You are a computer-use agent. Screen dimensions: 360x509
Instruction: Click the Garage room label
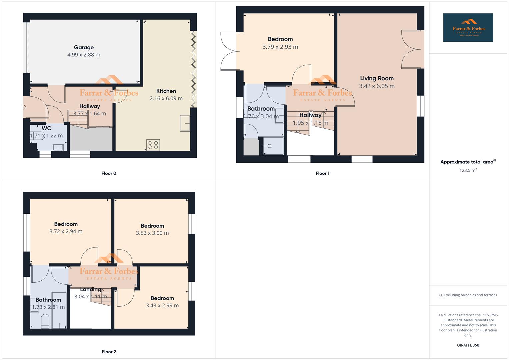coord(84,47)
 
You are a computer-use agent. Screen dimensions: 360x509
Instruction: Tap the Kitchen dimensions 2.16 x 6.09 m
coord(166,98)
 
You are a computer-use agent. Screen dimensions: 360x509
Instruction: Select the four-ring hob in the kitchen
coord(153,145)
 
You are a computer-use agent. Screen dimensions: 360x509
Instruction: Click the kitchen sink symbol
coord(185,123)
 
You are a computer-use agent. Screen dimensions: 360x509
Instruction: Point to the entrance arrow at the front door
coord(24,107)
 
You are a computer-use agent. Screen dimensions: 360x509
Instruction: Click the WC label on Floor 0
coord(46,128)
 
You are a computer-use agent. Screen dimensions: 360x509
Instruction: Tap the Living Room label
coord(377,78)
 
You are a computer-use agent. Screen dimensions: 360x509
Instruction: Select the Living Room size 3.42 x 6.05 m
coord(377,86)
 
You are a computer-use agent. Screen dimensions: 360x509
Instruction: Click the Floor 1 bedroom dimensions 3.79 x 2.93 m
coord(280,47)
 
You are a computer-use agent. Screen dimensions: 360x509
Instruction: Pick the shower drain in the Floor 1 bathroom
coord(269,146)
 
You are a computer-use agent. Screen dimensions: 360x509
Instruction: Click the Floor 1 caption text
coord(322,173)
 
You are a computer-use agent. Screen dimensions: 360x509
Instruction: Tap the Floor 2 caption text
coord(109,352)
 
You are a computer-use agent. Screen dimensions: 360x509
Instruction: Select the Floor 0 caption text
coord(109,173)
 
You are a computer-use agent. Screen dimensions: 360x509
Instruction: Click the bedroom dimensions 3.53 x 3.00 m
coord(152,233)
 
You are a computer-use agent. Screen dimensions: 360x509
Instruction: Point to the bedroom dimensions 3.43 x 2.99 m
coord(162,305)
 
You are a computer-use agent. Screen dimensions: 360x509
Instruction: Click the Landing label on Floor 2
coord(90,289)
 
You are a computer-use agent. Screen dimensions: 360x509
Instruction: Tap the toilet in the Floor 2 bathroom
coord(45,322)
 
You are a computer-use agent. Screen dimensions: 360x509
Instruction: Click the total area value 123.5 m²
coord(468,170)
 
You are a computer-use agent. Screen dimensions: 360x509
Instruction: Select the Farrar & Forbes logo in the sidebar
coord(468,28)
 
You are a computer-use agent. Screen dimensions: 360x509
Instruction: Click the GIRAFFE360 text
coord(468,345)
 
